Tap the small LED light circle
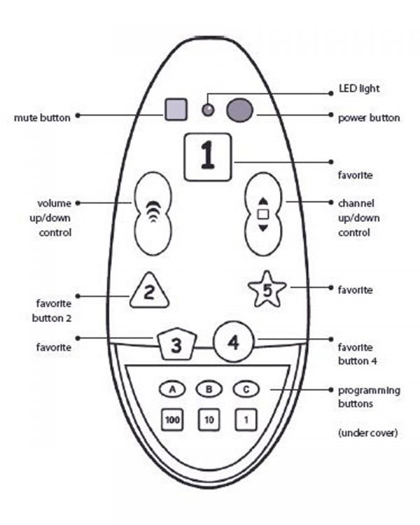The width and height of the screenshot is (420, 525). [x=207, y=109]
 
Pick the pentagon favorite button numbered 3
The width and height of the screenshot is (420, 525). [x=177, y=344]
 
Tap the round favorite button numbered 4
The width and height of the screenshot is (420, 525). [x=234, y=342]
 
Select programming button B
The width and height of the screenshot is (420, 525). [x=208, y=388]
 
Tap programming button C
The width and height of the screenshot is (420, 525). [x=245, y=388]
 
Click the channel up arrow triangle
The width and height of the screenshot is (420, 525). [x=263, y=199]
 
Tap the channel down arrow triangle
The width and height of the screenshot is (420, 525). [x=263, y=227]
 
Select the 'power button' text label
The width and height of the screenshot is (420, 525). [x=369, y=118]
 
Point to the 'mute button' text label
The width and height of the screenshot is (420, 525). [x=42, y=118]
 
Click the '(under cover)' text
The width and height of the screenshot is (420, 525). [x=368, y=433]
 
